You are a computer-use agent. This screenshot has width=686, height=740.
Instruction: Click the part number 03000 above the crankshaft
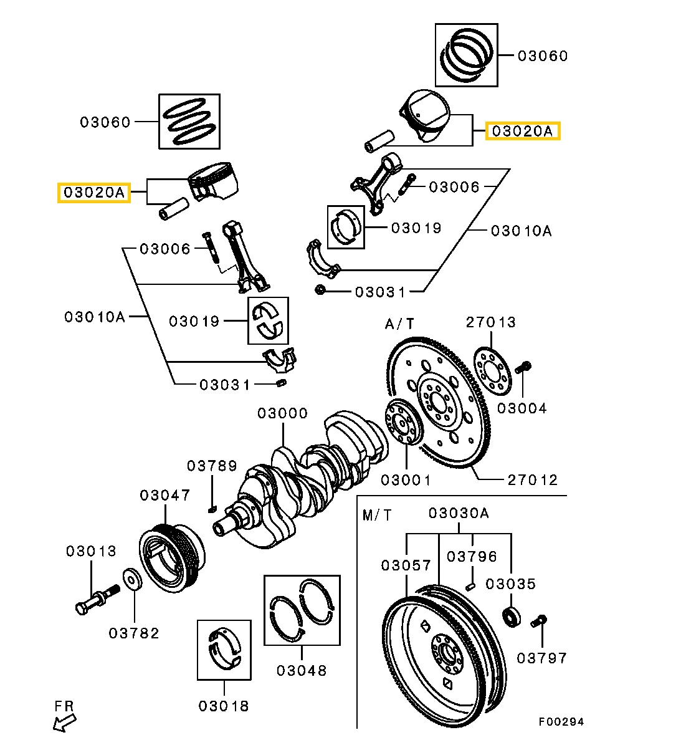[x=283, y=413]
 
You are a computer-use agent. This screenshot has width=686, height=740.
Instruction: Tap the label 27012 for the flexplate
[x=532, y=480]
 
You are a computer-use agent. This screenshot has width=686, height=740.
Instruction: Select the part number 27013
[x=491, y=322]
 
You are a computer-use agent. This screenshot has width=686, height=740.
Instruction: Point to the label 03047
[x=164, y=496]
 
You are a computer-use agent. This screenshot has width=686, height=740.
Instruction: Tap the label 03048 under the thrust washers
[x=302, y=670]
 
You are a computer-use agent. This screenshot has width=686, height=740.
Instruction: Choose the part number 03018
[x=224, y=706]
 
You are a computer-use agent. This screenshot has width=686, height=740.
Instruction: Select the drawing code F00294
[x=561, y=722]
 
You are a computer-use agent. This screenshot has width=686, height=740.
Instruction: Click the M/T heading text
[x=378, y=515]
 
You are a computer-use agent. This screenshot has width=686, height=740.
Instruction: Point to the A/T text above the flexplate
[x=399, y=324]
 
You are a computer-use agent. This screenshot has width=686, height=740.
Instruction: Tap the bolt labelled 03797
[x=539, y=621]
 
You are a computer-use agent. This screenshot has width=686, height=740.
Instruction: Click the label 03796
[x=473, y=556]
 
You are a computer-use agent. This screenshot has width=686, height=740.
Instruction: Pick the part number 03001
[x=406, y=480]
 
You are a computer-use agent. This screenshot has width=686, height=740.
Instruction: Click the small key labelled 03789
[x=211, y=509]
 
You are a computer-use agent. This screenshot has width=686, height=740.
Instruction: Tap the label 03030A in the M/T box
[x=459, y=513]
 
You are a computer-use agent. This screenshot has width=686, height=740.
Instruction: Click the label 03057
[x=406, y=565]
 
